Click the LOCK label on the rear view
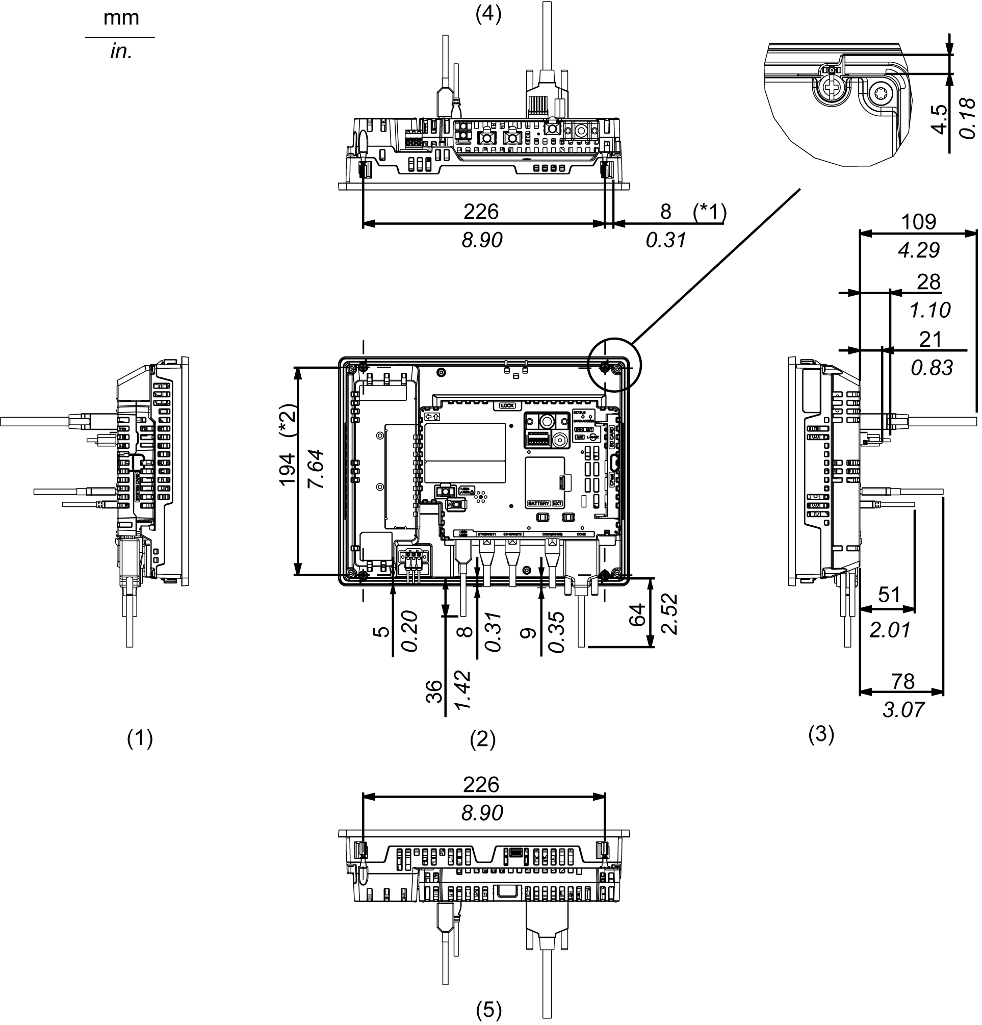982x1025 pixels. (x=507, y=405)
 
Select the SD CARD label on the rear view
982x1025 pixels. (x=612, y=436)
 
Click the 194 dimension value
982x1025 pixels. (x=288, y=469)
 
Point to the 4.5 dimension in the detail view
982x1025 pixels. (x=940, y=119)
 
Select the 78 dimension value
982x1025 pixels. (x=903, y=681)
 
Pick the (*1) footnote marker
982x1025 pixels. (x=710, y=211)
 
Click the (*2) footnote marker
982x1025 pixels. (x=288, y=422)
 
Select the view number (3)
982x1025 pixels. (x=821, y=734)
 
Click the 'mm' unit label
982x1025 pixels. (x=121, y=18)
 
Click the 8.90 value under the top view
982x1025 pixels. (x=482, y=240)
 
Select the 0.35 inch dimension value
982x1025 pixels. (x=557, y=632)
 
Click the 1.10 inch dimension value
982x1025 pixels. (x=929, y=310)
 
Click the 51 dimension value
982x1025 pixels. (x=889, y=595)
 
